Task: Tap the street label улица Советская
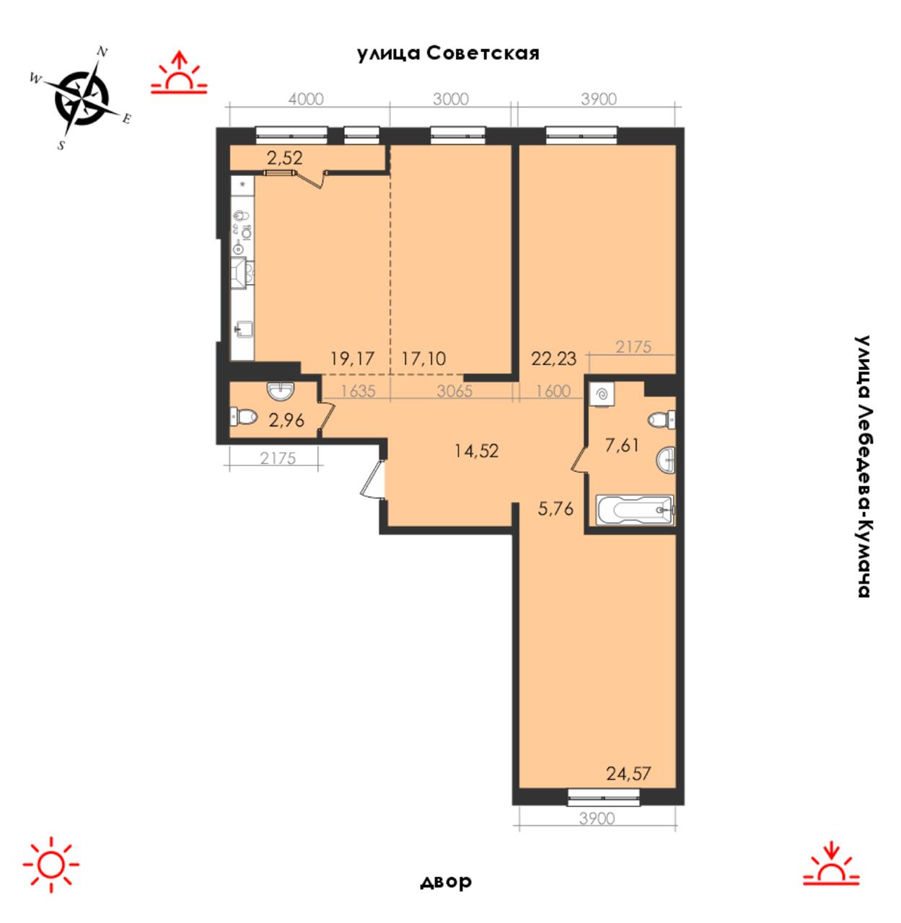[448, 53]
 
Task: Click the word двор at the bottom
[446, 881]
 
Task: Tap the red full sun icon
[51, 864]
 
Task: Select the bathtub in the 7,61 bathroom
[635, 510]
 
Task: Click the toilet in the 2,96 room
[244, 418]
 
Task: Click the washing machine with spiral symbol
[602, 394]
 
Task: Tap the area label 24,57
[628, 774]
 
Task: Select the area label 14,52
[476, 450]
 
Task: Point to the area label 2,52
[285, 158]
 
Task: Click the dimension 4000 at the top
[306, 99]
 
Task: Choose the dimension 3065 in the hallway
[454, 391]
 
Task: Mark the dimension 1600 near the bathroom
[553, 391]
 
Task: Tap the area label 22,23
[554, 358]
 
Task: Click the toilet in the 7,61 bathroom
[662, 419]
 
